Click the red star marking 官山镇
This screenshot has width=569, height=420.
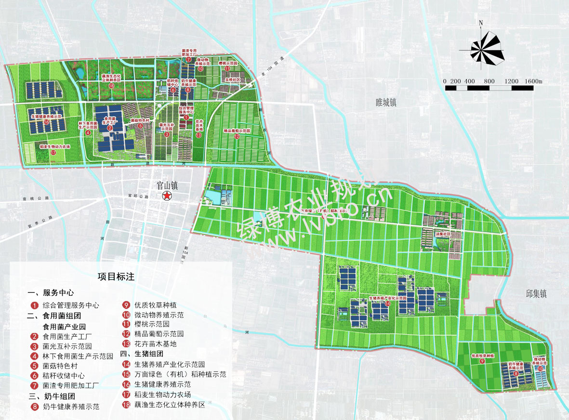pyautogui.click(x=167, y=196)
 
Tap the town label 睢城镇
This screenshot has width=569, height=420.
pyautogui.click(x=385, y=103)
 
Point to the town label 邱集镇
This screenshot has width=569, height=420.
pyautogui.click(x=536, y=294)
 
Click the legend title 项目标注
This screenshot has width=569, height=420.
pyautogui.click(x=116, y=277)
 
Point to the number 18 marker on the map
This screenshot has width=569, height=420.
pyautogui.click(x=111, y=86)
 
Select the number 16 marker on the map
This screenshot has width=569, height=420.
pyautogui.click(x=46, y=122)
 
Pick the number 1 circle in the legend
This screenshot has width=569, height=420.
pyautogui.click(x=34, y=305)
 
